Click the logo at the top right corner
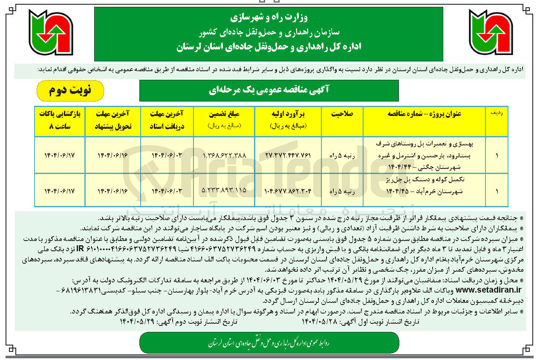click(x=490, y=32)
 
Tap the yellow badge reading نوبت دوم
click(x=70, y=90)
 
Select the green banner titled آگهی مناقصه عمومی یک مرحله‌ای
click(x=269, y=90)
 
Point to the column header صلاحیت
click(x=342, y=114)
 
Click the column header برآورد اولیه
click(x=288, y=119)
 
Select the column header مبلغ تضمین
click(x=224, y=119)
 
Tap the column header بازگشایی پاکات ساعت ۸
click(x=59, y=120)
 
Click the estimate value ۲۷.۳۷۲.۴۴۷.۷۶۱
click(x=288, y=155)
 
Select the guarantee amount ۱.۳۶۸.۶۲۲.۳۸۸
click(x=224, y=155)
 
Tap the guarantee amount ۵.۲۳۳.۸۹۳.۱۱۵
click(x=224, y=190)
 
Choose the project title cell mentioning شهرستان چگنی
click(x=424, y=155)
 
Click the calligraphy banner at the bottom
click(x=269, y=343)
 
